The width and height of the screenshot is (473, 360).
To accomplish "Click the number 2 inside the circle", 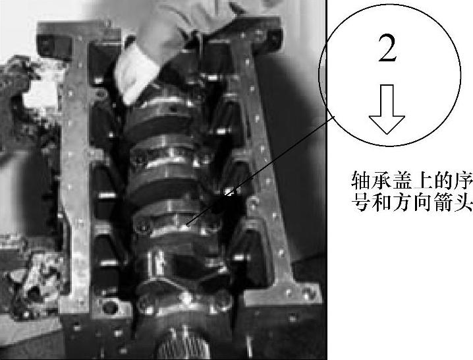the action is [x=387, y=49].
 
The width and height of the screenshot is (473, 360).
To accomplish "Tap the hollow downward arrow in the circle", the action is [x=387, y=109].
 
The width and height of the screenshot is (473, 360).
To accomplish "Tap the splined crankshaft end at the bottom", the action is [x=183, y=344].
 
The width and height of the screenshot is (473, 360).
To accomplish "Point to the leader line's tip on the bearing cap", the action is [x=188, y=225].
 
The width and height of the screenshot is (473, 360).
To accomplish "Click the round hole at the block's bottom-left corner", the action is [x=109, y=308].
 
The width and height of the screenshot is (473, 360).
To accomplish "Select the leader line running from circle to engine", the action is [x=262, y=170].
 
